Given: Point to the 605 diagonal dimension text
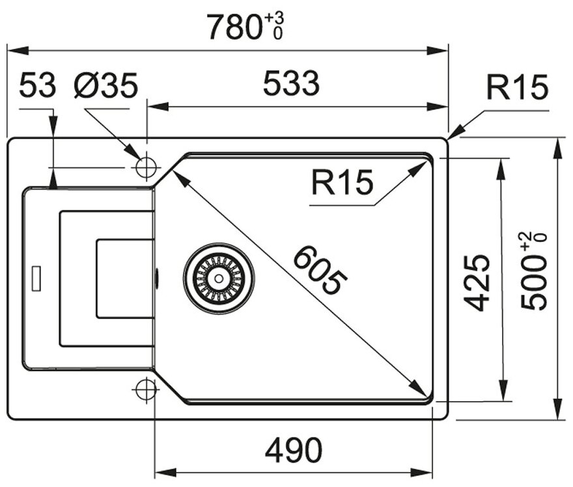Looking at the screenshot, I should pyautogui.click(x=319, y=270).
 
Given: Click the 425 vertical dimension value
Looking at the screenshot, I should pyautogui.click(x=479, y=281).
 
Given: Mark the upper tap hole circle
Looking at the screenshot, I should pyautogui.click(x=146, y=167).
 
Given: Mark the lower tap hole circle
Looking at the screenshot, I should pyautogui.click(x=146, y=389).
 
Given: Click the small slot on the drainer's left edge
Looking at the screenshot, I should pyautogui.click(x=36, y=277).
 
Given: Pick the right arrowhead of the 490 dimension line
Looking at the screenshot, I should pyautogui.click(x=430, y=471).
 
